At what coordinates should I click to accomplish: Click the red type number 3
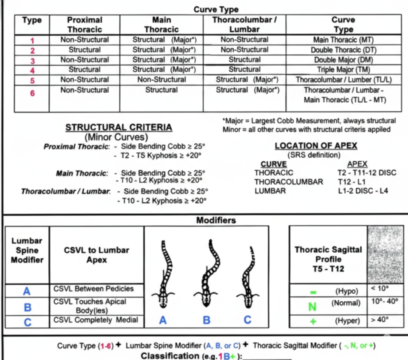[32, 60]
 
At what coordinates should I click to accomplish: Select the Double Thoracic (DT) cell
[343, 50]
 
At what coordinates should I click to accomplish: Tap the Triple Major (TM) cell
[343, 70]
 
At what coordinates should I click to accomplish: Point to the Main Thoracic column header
[162, 25]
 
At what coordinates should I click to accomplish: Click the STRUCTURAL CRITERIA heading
[119, 127]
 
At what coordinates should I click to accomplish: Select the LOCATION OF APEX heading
[316, 146]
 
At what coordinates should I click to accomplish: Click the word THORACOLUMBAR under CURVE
[288, 182]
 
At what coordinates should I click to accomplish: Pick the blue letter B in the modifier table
[27, 307]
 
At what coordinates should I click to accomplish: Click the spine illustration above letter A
[164, 274]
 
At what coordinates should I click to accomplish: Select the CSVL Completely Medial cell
[96, 320]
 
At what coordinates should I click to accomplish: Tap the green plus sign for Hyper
[312, 321]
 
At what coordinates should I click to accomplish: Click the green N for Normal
[312, 307]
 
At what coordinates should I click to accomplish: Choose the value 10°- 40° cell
[384, 302]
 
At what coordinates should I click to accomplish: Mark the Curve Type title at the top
[216, 10]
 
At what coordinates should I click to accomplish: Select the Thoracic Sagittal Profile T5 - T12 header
[328, 259]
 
